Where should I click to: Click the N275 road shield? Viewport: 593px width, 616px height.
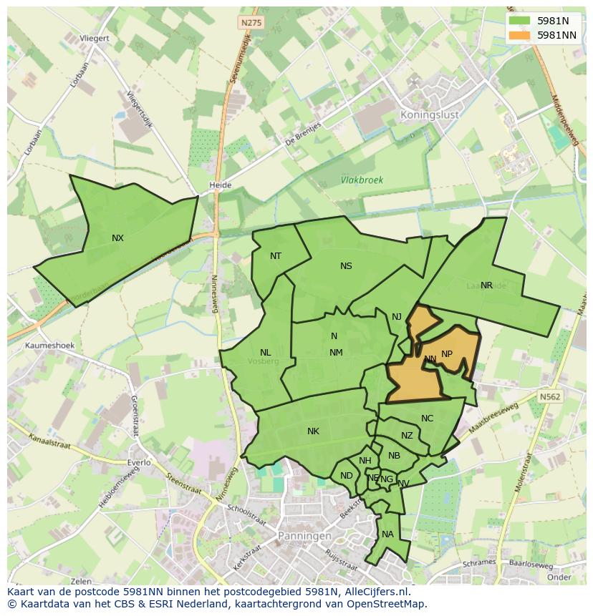[x=251, y=23]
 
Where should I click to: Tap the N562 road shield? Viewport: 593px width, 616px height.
[x=550, y=396]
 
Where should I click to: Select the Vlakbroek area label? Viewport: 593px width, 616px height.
[x=362, y=181]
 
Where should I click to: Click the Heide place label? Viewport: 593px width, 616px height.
[x=220, y=185]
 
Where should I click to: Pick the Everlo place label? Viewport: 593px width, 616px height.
[x=138, y=462]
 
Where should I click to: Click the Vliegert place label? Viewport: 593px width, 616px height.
[x=95, y=39]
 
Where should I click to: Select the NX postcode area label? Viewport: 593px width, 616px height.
[x=117, y=238]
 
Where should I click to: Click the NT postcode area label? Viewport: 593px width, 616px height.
[x=276, y=256]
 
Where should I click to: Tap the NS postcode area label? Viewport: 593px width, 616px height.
[x=346, y=266]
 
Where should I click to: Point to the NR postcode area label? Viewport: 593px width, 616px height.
[x=486, y=285]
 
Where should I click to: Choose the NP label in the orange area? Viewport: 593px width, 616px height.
[x=447, y=354]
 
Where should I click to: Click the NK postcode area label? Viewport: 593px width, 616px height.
[x=313, y=431]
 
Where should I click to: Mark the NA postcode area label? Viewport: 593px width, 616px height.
[x=387, y=534]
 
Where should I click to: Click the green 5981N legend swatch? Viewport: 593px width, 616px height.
[x=520, y=21]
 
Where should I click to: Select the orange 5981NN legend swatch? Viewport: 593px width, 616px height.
[x=520, y=35]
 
